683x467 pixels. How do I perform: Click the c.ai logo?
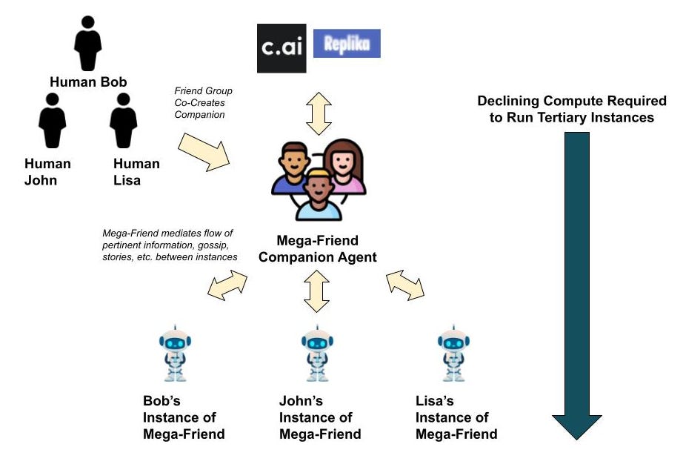coord(281,48)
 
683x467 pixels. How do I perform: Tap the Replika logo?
coord(347,44)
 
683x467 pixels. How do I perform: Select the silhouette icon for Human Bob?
coord(88,42)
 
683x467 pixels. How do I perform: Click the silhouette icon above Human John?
coord(52,120)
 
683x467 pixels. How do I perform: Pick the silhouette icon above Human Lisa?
coord(123,120)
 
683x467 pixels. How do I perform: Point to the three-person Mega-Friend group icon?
coord(318,179)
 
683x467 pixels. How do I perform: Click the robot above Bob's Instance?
coord(175,353)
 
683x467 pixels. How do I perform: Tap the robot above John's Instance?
coord(317,353)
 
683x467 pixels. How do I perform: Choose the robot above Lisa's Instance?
coord(453,353)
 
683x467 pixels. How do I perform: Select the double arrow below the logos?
coord(318,113)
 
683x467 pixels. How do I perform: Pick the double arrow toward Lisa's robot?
coord(405,285)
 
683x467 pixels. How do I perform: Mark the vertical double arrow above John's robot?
coord(317,291)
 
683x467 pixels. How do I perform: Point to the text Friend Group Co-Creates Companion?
coord(200,102)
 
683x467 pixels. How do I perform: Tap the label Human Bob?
coord(88,82)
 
